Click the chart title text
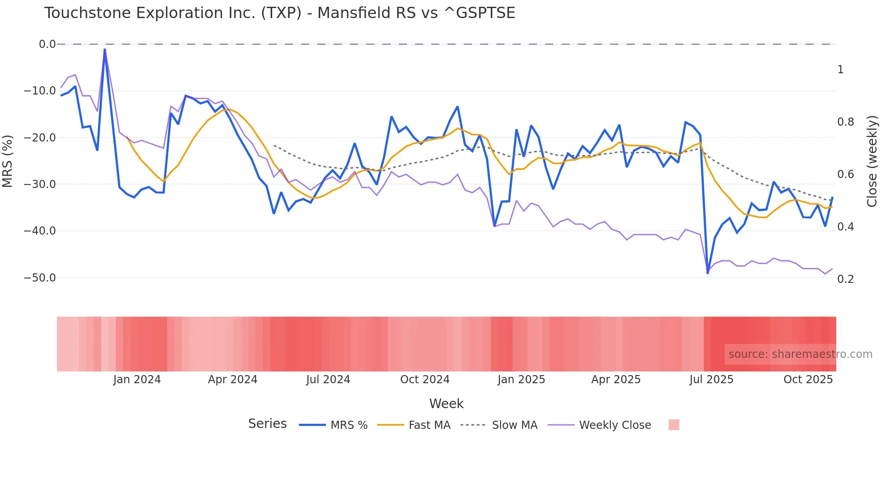[279, 13]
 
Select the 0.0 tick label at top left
[47, 44]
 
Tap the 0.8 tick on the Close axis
[845, 122]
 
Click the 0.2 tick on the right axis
[845, 279]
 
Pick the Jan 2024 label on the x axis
[137, 380]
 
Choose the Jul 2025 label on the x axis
[711, 380]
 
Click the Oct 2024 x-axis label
[424, 380]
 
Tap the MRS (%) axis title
[8, 161]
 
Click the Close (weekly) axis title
[872, 161]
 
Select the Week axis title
[446, 404]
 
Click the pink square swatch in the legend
[674, 425]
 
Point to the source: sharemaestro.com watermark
[800, 354]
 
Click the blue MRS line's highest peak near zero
[104, 49]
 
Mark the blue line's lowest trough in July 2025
[707, 273]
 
